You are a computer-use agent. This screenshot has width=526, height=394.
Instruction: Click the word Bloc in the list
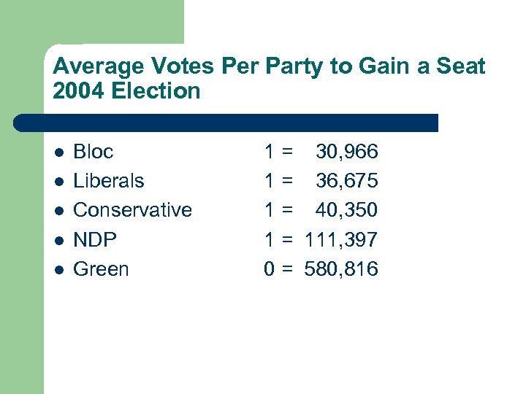point(94,152)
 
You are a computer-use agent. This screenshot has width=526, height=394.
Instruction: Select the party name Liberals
point(109,181)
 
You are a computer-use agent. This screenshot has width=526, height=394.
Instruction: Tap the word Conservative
point(132,210)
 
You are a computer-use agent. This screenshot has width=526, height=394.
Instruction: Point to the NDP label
point(95,239)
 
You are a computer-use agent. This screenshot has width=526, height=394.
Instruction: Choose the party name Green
point(101,269)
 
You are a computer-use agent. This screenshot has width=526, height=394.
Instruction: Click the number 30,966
point(346,152)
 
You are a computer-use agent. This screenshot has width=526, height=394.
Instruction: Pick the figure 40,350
point(346,210)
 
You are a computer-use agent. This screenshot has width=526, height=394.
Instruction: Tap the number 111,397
point(341,239)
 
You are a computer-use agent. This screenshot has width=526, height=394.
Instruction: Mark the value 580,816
point(341,269)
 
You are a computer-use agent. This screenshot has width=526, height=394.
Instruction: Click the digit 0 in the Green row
point(269,269)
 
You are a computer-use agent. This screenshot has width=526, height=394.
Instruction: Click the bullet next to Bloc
point(59,152)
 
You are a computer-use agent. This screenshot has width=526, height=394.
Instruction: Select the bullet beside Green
point(59,269)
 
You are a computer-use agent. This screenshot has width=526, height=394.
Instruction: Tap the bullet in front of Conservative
point(59,211)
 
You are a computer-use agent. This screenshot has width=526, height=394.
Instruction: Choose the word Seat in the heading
point(460,67)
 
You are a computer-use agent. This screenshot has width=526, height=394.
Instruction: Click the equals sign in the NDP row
point(288,239)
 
